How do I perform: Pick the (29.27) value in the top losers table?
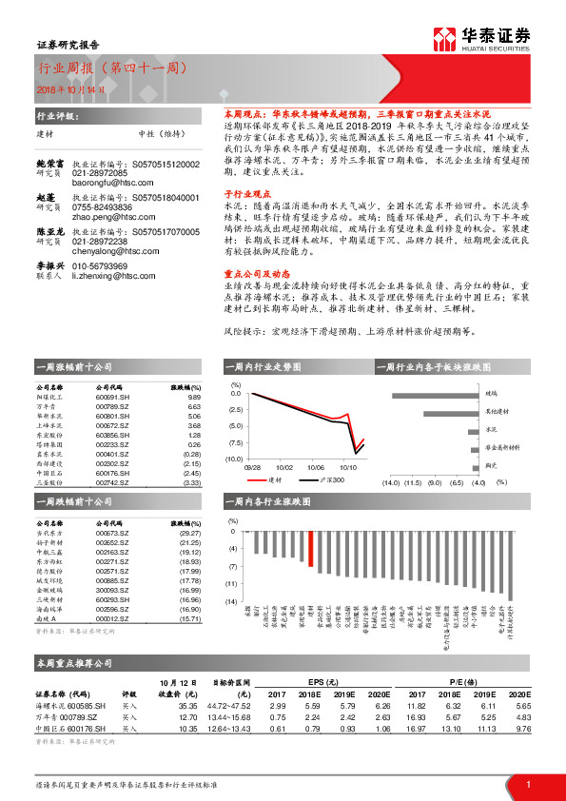pyautogui.click(x=191, y=534)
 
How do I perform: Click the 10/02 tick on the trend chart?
pyautogui.click(x=285, y=468)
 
